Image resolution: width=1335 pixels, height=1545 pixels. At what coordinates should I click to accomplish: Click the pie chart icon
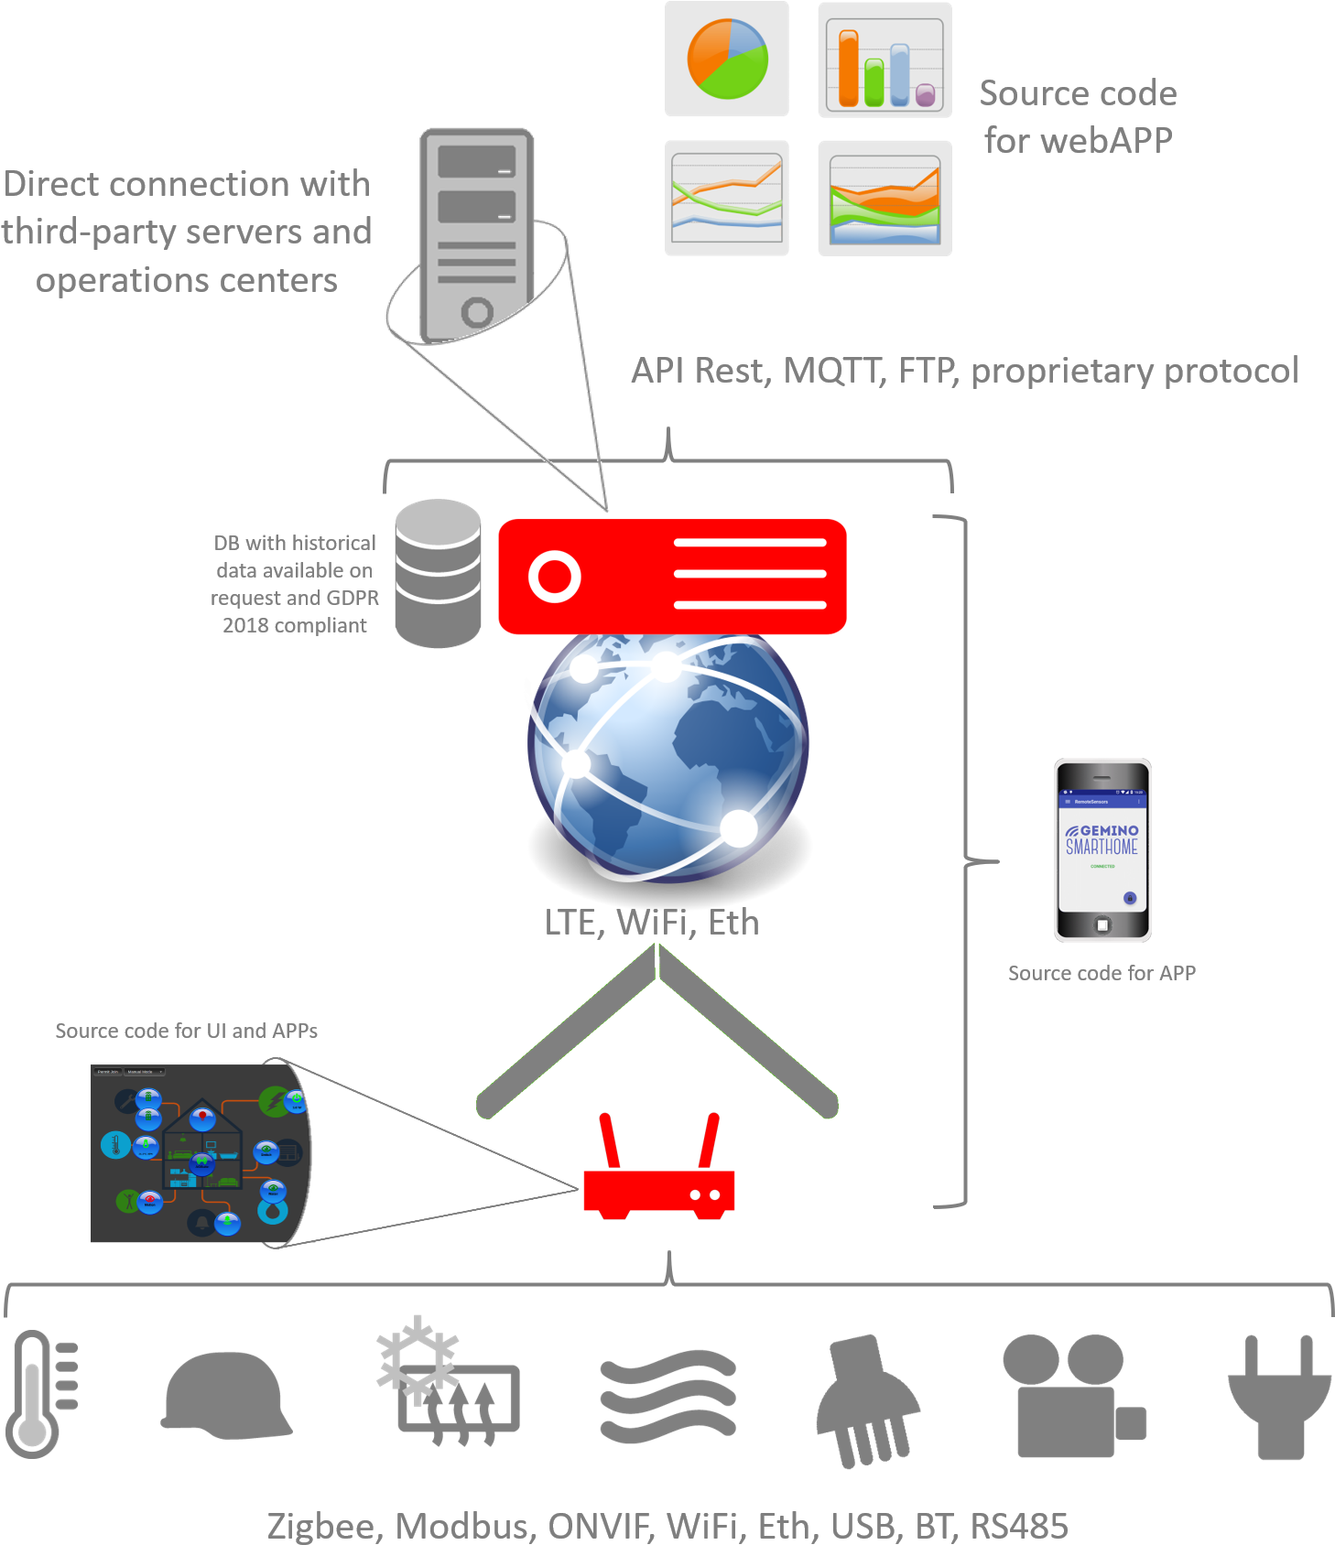coord(727,59)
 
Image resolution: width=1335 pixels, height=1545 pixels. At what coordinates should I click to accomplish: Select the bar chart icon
coord(885,60)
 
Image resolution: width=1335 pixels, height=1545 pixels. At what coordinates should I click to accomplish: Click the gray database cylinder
coord(438,574)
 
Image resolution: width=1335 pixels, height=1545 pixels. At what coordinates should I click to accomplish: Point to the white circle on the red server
coord(555,577)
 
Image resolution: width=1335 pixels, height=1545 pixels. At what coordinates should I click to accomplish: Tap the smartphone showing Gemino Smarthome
coord(1102,850)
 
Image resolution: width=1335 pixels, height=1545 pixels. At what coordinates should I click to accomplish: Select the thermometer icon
coord(42,1393)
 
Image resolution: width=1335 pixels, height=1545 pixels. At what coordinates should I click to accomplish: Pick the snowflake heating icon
coord(448,1382)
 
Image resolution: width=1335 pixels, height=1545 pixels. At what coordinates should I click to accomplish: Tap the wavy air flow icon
coord(667,1396)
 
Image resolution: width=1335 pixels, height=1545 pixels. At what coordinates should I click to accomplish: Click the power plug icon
coord(1279,1395)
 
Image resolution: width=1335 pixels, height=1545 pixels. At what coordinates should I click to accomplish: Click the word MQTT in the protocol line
coord(834,371)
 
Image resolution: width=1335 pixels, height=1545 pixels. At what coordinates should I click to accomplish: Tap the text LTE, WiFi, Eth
coord(652,922)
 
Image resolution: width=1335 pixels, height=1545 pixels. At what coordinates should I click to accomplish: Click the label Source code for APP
coord(1102,973)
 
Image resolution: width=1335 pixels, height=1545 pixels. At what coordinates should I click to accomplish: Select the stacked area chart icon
coord(885,199)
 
